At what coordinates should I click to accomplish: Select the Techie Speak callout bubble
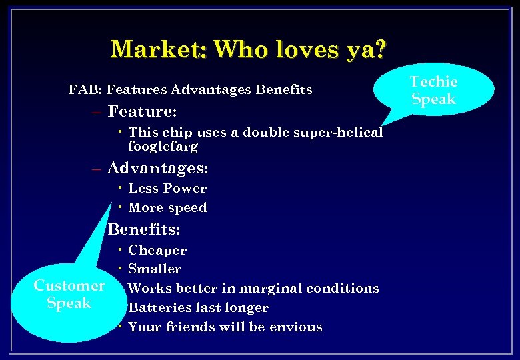coord(433,91)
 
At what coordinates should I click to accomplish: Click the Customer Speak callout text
coord(69,294)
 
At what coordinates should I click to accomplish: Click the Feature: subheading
coord(142,110)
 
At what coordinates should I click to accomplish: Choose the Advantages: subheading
coord(158,167)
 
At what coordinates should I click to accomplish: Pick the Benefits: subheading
coord(144,229)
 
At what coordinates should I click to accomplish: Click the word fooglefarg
coord(163,145)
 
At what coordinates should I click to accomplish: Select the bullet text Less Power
coord(167,189)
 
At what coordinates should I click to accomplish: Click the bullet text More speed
coord(167,207)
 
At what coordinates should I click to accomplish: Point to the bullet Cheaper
coord(157,251)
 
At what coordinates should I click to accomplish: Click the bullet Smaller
coord(155,269)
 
